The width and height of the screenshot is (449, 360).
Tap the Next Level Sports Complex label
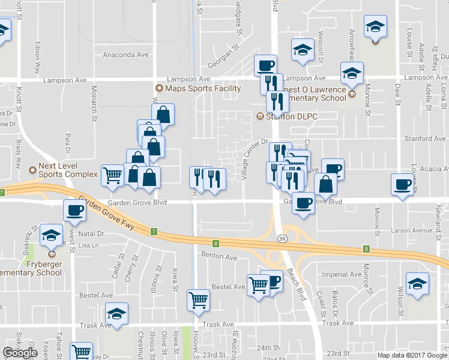click(68, 170)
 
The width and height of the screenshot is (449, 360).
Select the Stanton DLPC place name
click(291, 116)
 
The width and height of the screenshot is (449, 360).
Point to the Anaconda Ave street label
click(126, 55)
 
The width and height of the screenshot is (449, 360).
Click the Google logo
click(20, 353)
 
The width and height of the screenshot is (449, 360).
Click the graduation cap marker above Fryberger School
click(52, 235)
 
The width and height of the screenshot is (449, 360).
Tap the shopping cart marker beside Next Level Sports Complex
click(112, 175)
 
